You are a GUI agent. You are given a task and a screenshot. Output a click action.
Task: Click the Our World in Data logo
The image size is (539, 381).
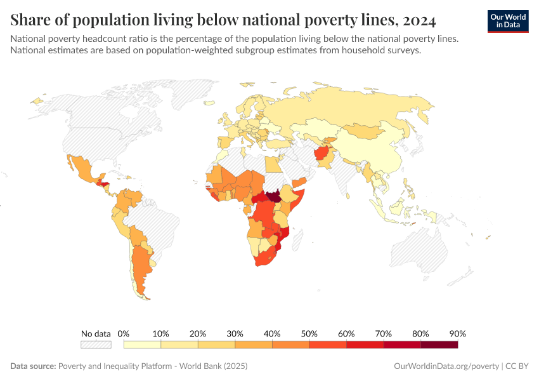coord(508,21)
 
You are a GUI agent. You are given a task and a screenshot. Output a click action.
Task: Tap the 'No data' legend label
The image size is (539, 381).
coord(96,333)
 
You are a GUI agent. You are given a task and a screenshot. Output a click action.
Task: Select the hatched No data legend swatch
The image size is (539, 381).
coord(96,344)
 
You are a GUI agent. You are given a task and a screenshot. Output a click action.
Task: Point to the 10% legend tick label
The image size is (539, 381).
coord(161,333)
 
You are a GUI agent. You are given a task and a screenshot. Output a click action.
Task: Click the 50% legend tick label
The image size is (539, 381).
coord(309,333)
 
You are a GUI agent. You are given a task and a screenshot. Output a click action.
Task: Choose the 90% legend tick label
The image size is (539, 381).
coord(457,333)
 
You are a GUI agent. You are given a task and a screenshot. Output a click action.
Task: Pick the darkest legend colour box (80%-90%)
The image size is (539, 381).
coord(439,344)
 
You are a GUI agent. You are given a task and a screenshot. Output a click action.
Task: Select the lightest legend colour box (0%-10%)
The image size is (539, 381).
coord(143,344)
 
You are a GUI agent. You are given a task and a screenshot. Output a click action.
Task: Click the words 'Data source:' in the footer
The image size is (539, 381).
coord(33,366)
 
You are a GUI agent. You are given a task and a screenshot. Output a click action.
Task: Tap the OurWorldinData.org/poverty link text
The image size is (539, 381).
coord(446,366)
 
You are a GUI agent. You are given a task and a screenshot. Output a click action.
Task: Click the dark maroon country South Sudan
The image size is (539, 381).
coord(275,196)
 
